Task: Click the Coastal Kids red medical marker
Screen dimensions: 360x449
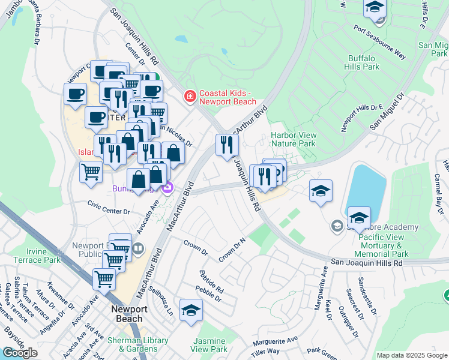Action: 190,96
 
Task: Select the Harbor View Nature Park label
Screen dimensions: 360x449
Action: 293,140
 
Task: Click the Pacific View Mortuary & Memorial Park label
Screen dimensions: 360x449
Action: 384,245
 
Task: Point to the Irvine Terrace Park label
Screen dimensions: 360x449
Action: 35,256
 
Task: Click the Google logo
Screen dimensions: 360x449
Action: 20,353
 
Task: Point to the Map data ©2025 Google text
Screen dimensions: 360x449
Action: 411,355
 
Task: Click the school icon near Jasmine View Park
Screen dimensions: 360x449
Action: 191,310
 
